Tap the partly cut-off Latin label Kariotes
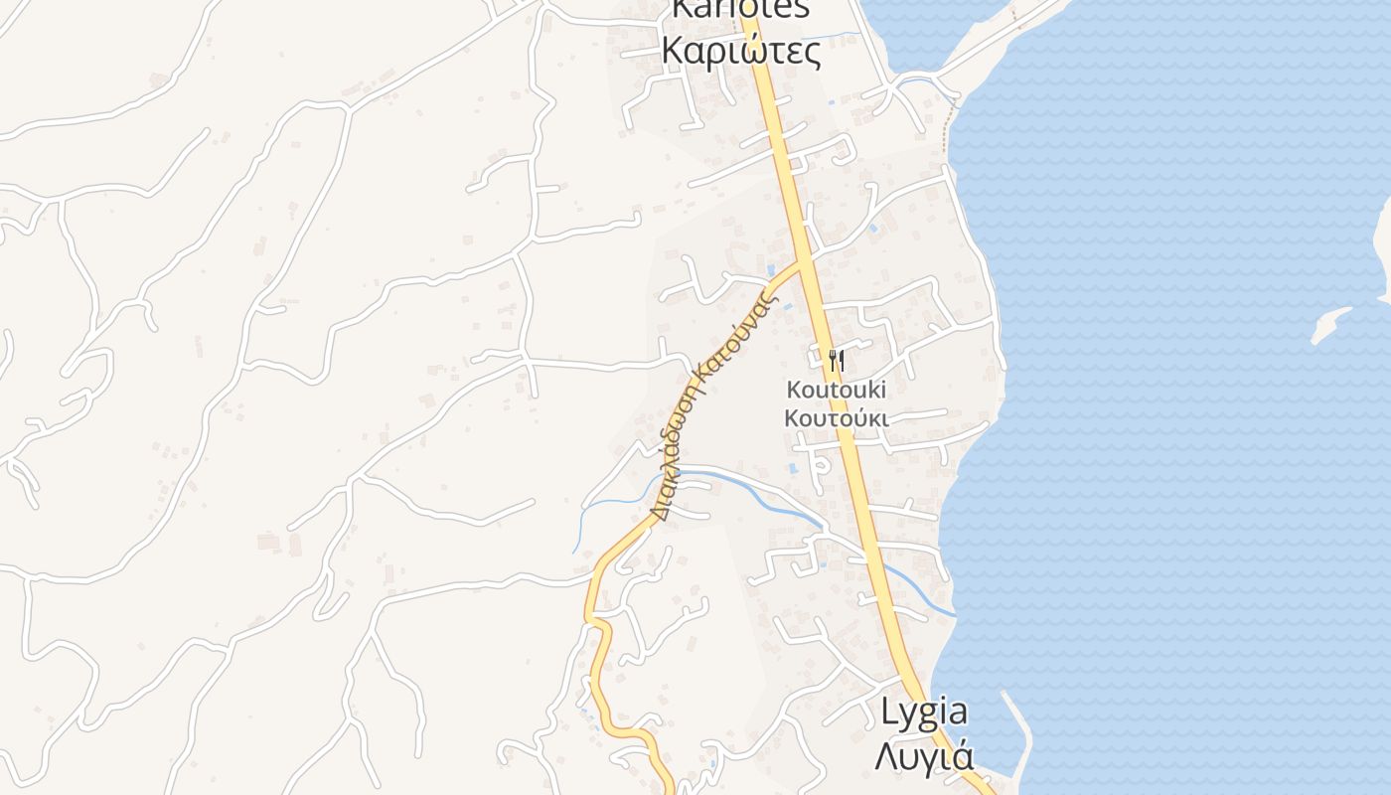(x=741, y=9)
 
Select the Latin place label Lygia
(x=924, y=712)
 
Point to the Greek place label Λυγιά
(x=922, y=755)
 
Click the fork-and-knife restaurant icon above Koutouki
(x=837, y=360)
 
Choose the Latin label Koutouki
(x=837, y=388)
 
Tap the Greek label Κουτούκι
(x=837, y=417)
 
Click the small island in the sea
(x=1329, y=325)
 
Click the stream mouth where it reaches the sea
(x=952, y=613)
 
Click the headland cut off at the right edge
(x=1384, y=248)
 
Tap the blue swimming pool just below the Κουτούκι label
(x=794, y=467)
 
